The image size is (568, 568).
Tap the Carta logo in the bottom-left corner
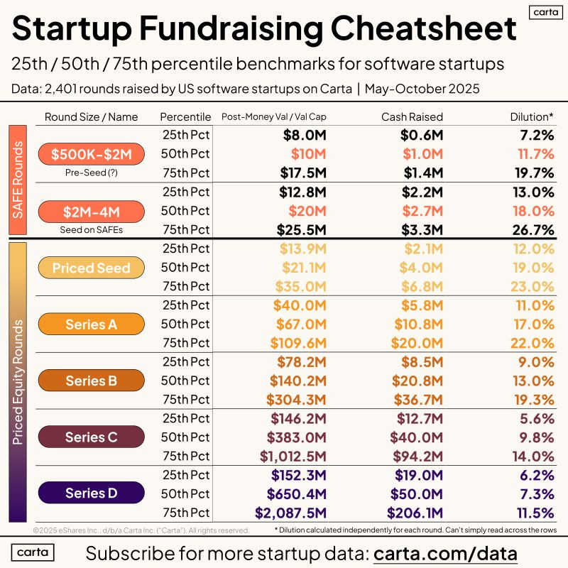click(33, 552)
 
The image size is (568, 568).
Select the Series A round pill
click(91, 324)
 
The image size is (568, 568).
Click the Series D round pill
click(91, 493)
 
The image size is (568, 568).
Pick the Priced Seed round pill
click(91, 268)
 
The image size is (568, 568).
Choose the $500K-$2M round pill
click(91, 154)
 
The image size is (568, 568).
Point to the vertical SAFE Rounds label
click(18, 180)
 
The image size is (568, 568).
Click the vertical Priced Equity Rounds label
click(18, 382)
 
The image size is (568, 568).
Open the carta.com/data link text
click(445, 552)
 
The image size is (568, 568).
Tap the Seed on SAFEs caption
click(91, 229)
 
